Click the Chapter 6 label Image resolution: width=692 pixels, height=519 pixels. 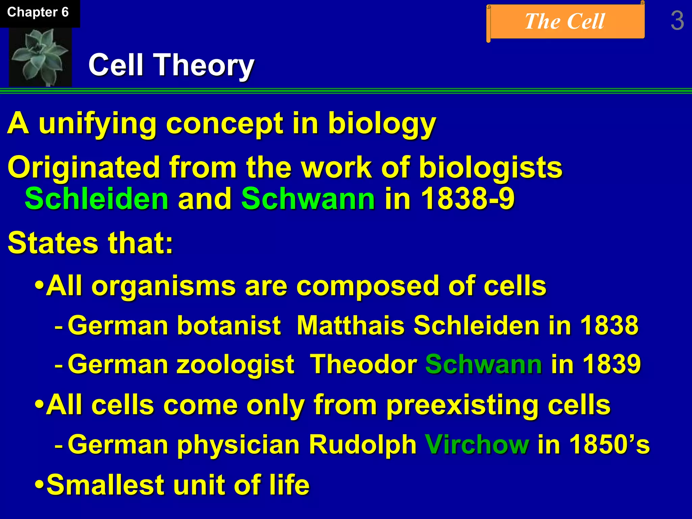click(x=38, y=13)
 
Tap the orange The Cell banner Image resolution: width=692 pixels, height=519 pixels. click(x=565, y=22)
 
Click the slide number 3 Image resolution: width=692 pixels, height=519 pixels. click(x=677, y=21)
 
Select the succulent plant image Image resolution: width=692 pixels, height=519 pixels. click(x=40, y=57)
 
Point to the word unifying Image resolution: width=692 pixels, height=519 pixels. click(x=97, y=124)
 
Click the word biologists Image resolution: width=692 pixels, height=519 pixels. click(x=490, y=167)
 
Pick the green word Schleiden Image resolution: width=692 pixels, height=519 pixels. click(x=97, y=199)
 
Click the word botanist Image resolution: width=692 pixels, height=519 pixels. click(x=229, y=325)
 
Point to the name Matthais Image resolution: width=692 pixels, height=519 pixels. click(x=350, y=325)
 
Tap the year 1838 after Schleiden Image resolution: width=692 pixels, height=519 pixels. click(x=609, y=325)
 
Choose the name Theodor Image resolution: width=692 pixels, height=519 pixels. click(x=363, y=364)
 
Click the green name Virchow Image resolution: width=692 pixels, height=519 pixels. click(x=477, y=444)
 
